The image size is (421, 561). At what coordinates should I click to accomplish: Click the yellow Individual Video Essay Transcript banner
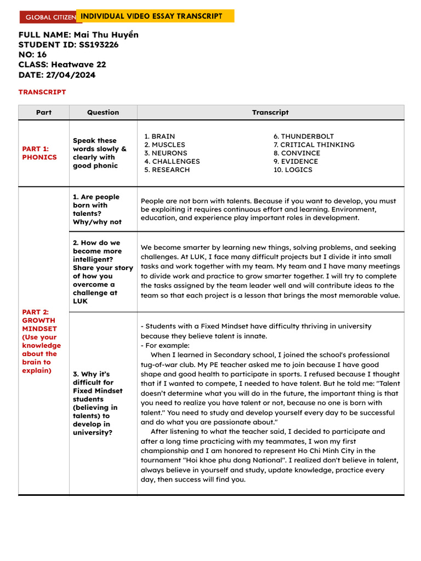coord(155,16)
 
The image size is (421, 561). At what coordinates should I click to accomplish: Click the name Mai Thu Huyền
coord(106,35)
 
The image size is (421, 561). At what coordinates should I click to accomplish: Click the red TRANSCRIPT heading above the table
coord(42,92)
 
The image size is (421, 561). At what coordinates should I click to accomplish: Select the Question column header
coord(103,112)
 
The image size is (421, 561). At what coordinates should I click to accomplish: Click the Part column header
coord(44,112)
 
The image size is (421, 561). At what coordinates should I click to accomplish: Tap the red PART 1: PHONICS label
coord(39,153)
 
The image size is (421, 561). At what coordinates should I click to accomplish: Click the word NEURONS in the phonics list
coord(169,153)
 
